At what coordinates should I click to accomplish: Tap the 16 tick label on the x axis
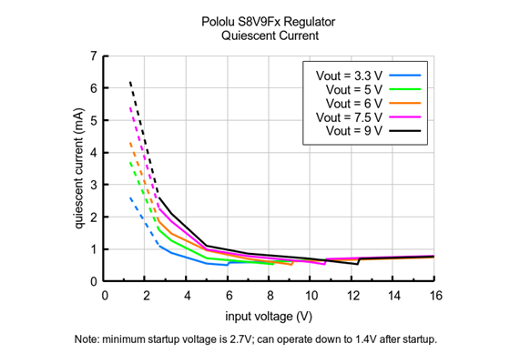pyautogui.click(x=435, y=296)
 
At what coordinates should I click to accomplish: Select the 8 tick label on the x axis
pyautogui.click(x=270, y=296)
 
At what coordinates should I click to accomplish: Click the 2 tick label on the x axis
pyautogui.click(x=147, y=296)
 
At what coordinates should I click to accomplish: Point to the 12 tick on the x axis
pyautogui.click(x=353, y=296)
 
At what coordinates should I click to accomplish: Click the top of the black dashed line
pyautogui.click(x=130, y=82)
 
